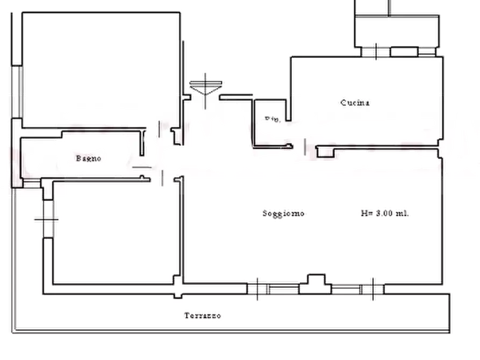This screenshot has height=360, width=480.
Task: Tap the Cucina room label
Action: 355,103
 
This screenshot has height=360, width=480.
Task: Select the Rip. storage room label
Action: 272,120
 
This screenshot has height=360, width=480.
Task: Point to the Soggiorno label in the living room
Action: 284,213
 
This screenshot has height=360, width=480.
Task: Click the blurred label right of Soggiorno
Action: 386,213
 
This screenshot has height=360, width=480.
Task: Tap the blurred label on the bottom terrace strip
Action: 203,315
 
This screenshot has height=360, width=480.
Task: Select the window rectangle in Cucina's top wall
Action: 403,52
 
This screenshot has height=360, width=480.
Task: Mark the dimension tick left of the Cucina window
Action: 374,52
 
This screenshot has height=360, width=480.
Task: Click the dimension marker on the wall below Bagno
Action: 48,219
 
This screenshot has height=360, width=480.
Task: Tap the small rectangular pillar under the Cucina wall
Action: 326,152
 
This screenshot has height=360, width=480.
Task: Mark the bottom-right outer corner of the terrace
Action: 452,329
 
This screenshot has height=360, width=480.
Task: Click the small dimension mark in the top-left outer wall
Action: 17,64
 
